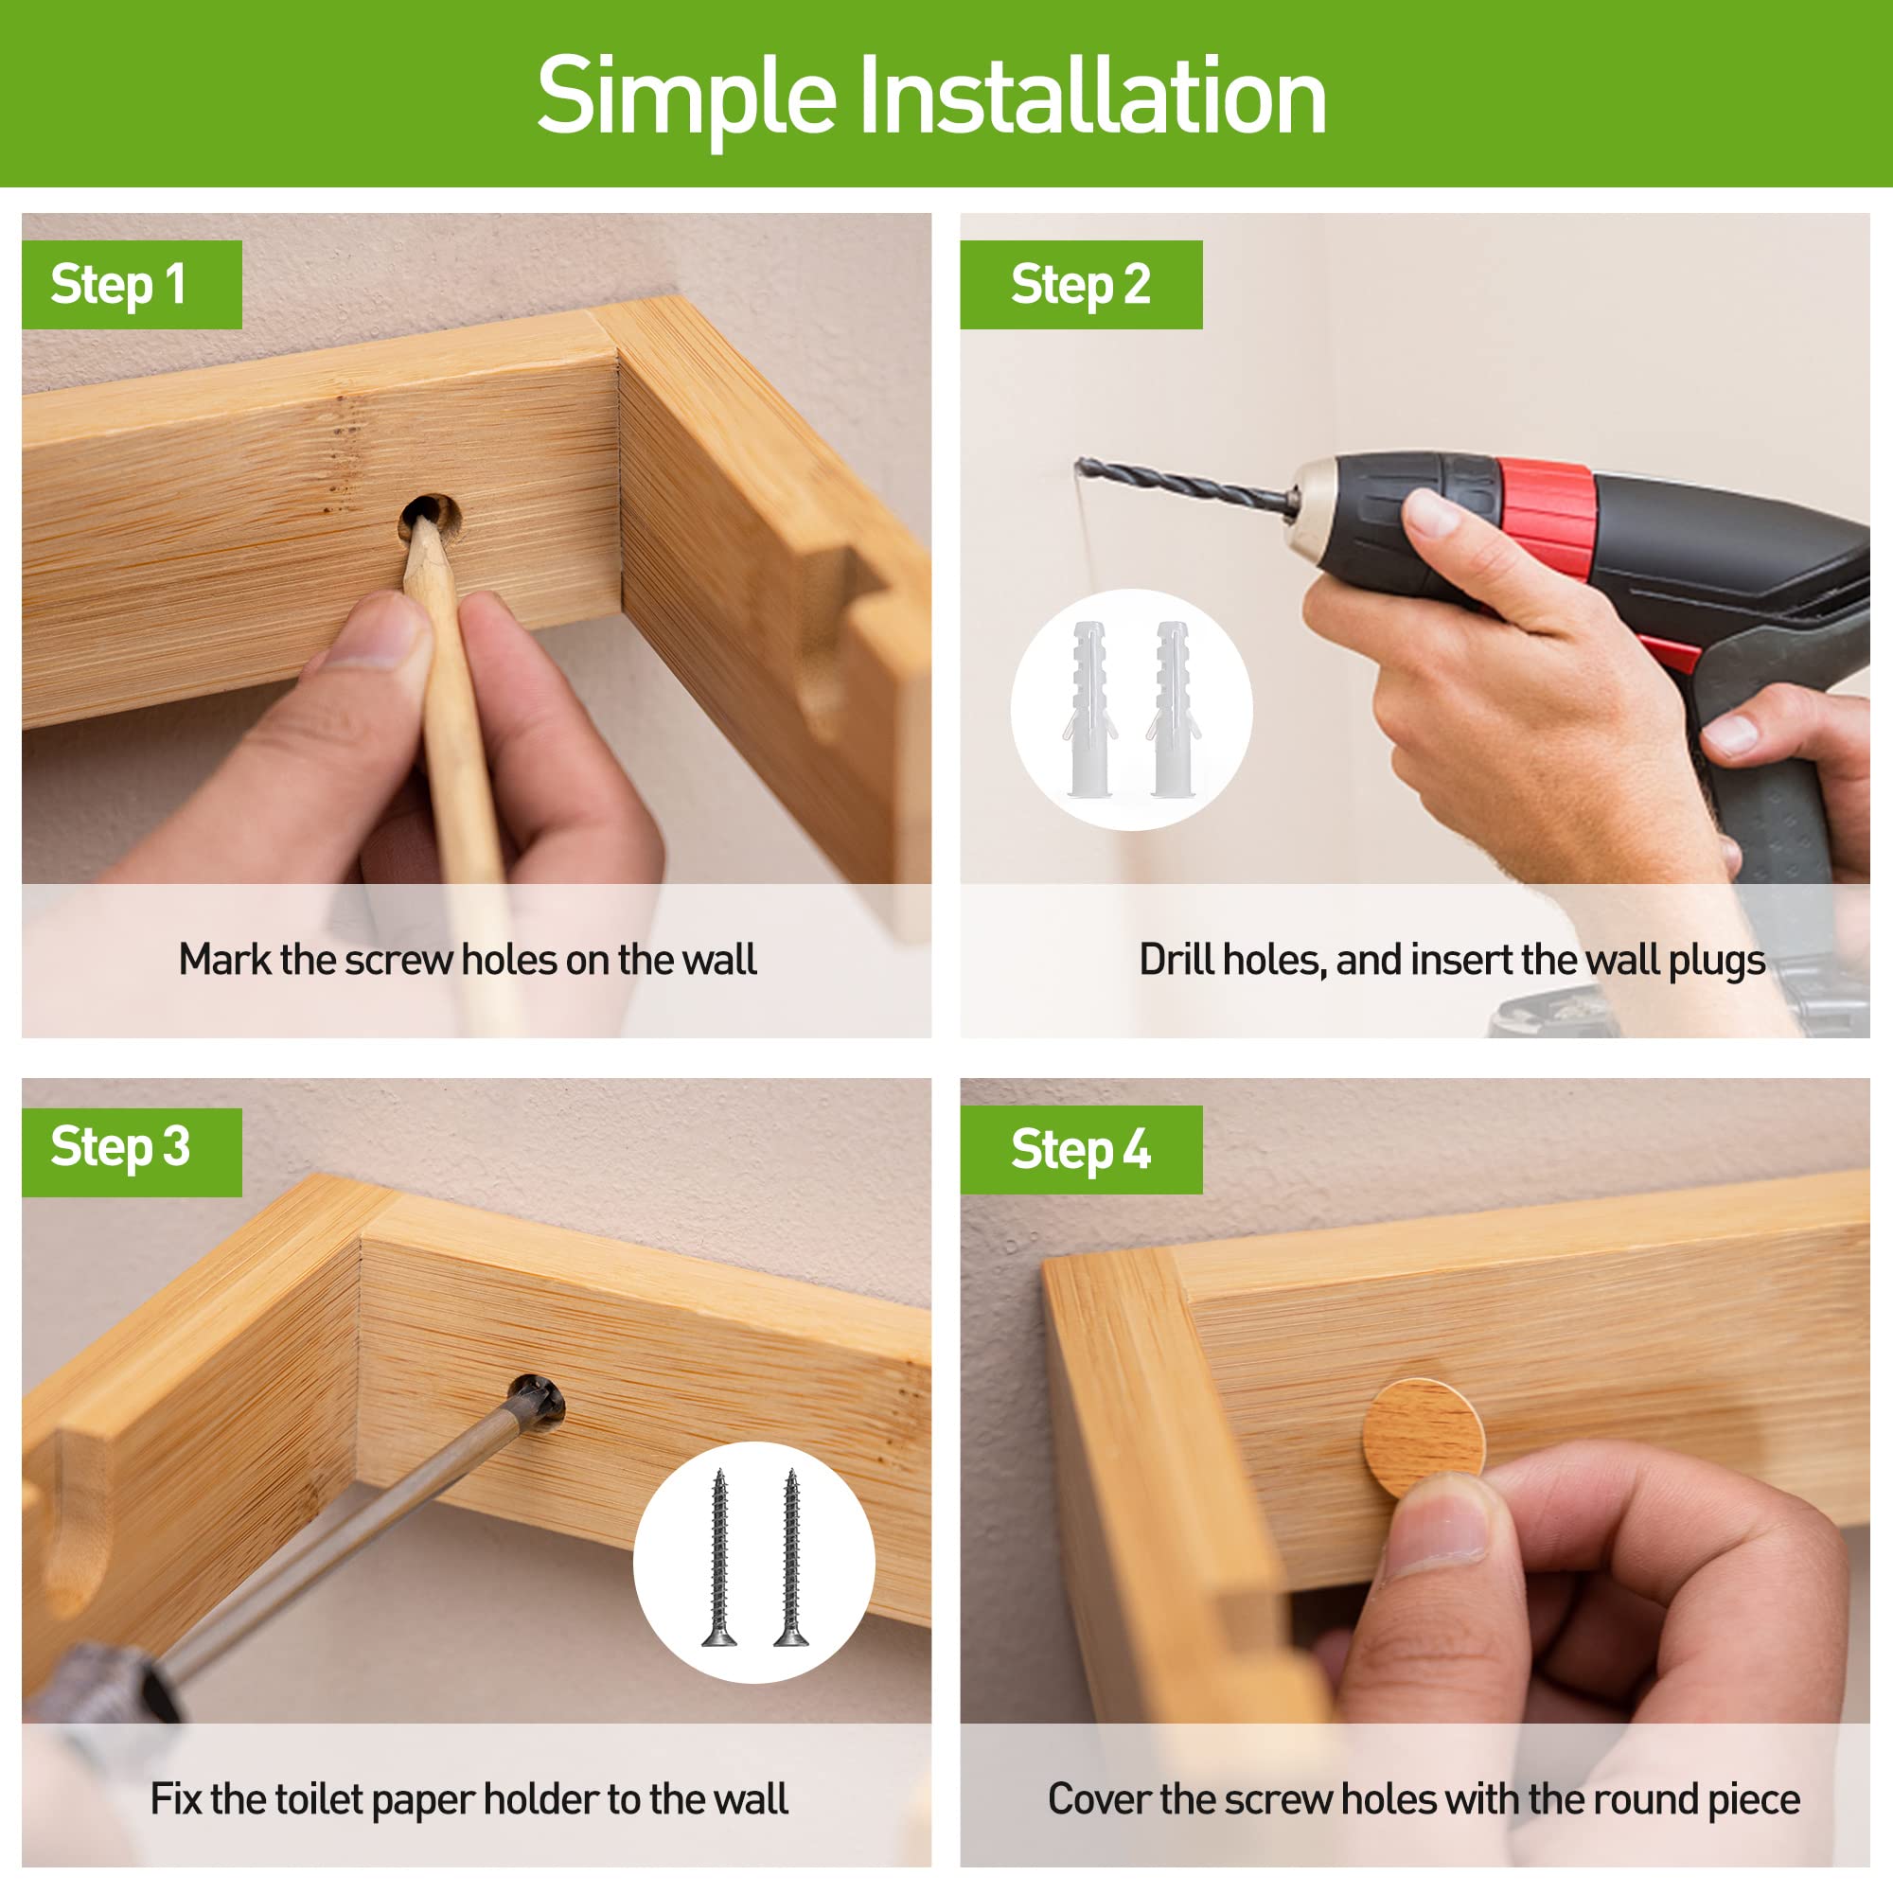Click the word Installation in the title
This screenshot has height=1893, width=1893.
[1092, 95]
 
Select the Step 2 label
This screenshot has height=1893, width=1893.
[1081, 285]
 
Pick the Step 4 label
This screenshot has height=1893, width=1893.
[1081, 1149]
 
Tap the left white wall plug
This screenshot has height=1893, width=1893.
[1089, 708]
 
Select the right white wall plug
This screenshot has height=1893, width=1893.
[1172, 708]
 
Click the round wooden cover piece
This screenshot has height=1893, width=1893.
[1424, 1439]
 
